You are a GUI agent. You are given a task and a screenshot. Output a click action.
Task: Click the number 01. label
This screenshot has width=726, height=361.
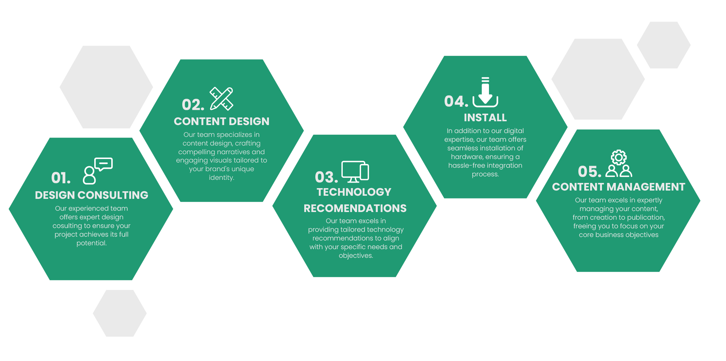coord(61,178)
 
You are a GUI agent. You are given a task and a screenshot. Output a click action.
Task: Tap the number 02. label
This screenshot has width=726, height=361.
coord(193,105)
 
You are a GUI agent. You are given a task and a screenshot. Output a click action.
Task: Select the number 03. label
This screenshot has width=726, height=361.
coord(326,177)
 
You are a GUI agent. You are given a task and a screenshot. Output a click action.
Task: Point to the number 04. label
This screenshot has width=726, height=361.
coord(456,102)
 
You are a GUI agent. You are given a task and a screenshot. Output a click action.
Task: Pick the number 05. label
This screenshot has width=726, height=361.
coord(589,171)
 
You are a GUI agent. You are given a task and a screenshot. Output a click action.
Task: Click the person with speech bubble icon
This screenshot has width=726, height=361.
coord(98,171)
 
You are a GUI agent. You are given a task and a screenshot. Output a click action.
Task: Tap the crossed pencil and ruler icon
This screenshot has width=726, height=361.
coord(221,99)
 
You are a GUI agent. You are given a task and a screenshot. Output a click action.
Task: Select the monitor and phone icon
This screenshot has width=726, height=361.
coord(355,171)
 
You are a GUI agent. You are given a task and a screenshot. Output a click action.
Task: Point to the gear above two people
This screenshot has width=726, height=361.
coord(619,157)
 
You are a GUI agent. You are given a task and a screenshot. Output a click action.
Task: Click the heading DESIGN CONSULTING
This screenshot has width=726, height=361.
coord(91,195)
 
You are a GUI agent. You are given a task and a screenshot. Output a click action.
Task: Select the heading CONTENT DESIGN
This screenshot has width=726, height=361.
coord(221,122)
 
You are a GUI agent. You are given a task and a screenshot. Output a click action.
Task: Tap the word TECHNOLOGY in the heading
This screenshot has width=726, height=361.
coord(354,192)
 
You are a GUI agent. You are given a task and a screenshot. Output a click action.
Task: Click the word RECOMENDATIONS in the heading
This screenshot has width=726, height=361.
coord(355,209)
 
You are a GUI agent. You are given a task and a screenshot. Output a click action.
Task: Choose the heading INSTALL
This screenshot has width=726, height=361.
coord(485,118)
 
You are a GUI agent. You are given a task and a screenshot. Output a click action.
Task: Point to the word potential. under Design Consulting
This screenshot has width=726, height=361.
coord(91,243)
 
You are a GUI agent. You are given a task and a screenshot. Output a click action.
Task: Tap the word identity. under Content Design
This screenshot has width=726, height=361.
coord(221,178)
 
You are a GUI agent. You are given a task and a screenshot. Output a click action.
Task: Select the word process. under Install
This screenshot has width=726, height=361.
coord(485,174)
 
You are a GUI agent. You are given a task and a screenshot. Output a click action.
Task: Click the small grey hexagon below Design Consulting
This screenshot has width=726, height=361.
coord(120,313)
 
